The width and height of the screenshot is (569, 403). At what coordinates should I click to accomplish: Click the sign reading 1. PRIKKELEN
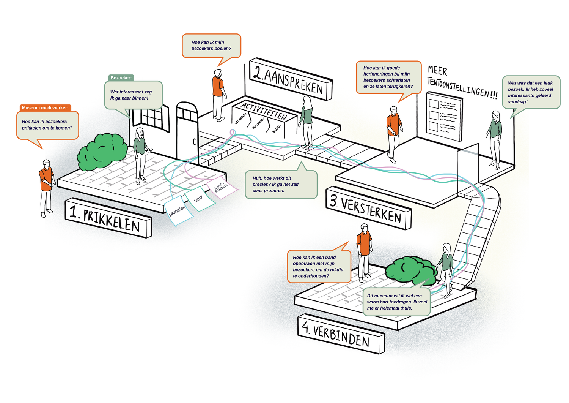108,218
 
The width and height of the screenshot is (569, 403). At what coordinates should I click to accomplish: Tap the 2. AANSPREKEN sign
290,79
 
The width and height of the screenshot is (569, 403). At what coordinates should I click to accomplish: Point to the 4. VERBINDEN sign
340,334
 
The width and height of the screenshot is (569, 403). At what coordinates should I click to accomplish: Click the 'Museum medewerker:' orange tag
45,108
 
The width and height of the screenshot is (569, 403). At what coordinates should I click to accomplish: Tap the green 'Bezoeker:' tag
121,78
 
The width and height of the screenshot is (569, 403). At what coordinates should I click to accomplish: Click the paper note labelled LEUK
200,199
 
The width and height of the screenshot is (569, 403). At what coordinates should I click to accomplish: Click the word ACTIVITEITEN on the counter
264,111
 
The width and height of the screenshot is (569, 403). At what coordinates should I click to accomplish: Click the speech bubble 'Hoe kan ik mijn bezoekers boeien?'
211,46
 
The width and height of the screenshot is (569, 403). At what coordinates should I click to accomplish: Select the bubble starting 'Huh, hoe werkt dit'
281,184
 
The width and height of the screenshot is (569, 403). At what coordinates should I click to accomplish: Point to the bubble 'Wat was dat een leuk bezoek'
531,92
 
